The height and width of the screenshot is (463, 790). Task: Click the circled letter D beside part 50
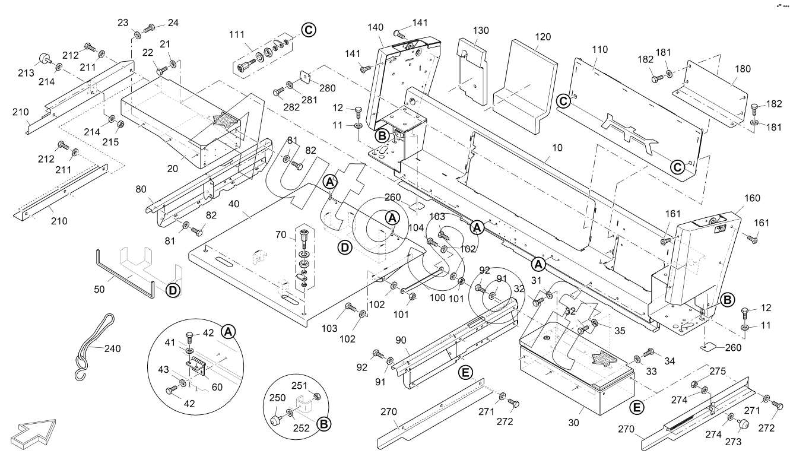click(172, 290)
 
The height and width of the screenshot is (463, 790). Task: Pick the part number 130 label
click(481, 30)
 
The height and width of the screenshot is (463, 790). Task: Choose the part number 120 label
click(542, 36)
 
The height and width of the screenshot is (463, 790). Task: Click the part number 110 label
click(599, 49)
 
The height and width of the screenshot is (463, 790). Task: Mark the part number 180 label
click(742, 68)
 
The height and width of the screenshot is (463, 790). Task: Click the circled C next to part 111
click(309, 29)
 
